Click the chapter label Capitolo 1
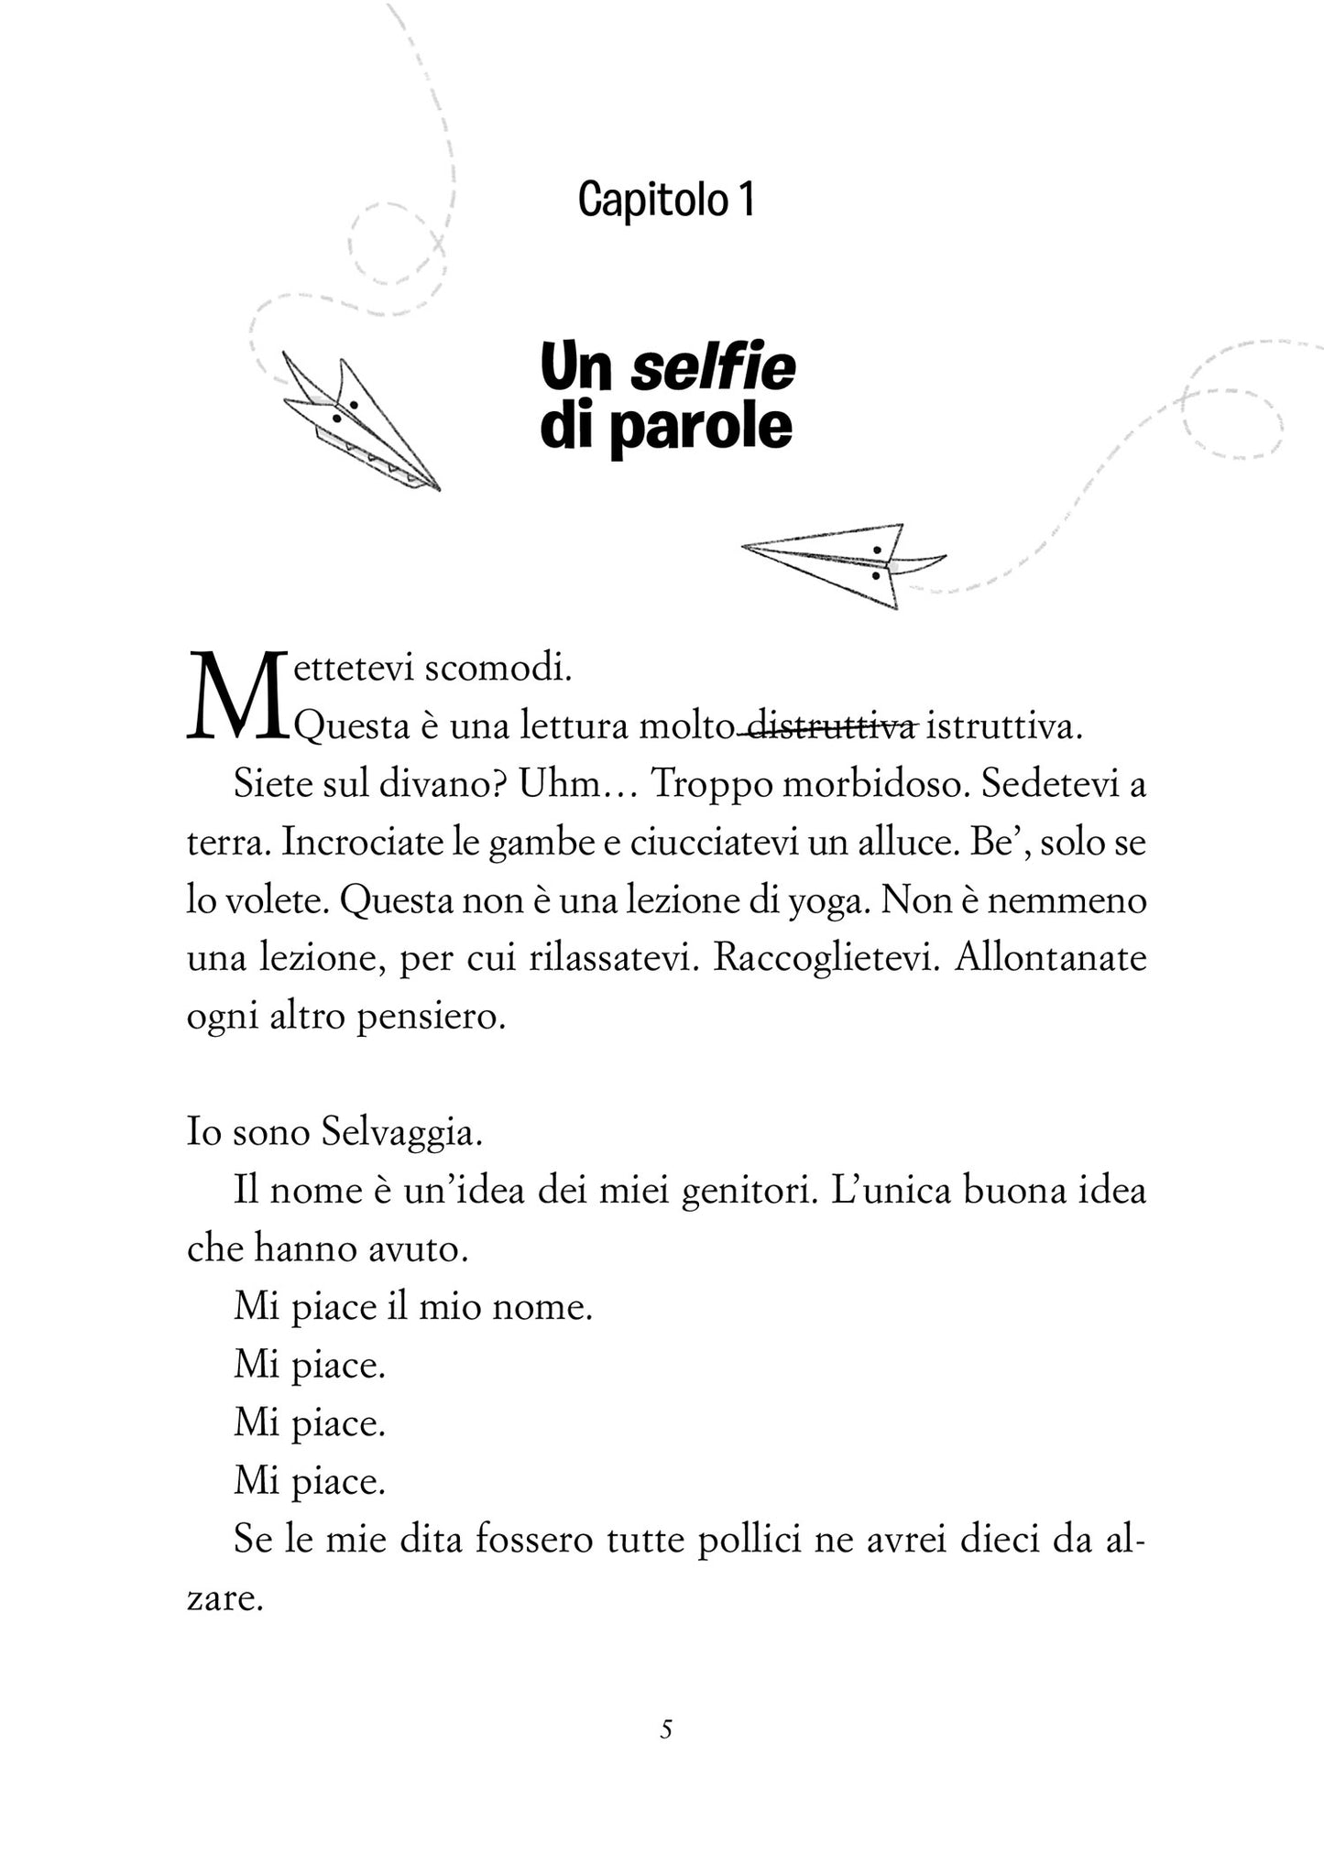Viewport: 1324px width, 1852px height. tap(666, 200)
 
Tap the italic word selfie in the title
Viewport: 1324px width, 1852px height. tap(714, 368)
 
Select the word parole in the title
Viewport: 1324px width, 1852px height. tap(700, 428)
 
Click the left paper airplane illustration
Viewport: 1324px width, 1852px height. tap(359, 422)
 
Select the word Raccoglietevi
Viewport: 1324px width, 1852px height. tap(827, 959)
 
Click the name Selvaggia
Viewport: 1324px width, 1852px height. tap(402, 1134)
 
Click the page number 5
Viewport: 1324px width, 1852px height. tap(666, 1729)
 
